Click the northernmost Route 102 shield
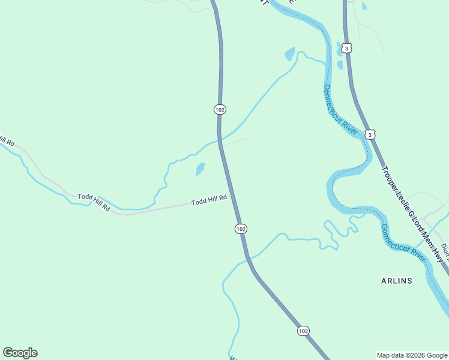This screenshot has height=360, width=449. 220,109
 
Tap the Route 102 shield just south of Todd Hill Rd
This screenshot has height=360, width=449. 241,229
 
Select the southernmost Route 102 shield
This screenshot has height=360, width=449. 303,331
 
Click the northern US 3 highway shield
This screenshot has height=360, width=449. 348,47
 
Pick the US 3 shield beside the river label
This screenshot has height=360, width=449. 370,135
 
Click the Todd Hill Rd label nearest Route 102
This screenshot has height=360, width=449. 209,200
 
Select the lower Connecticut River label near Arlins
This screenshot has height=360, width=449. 403,242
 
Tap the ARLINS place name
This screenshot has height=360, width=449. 397,281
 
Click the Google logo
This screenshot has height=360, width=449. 20,353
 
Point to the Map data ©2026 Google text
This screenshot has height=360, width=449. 412,355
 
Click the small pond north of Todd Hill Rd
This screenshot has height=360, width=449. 200,170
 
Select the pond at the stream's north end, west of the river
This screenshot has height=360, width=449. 290,54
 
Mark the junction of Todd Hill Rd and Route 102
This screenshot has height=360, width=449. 232,194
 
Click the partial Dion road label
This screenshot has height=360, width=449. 444,250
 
